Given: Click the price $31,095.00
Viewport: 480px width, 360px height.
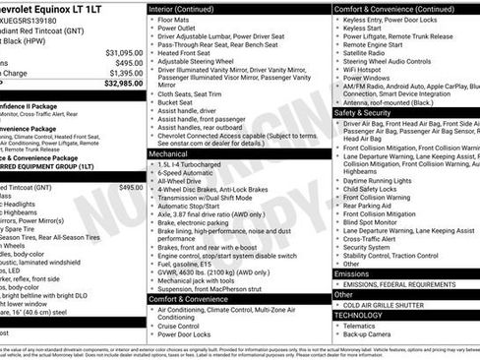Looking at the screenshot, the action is [124, 52].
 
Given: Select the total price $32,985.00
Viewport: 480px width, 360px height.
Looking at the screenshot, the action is [124, 83].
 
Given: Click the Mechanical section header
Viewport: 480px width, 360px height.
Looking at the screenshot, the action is [168, 154].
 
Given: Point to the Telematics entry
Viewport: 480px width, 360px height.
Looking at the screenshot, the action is [363, 325].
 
